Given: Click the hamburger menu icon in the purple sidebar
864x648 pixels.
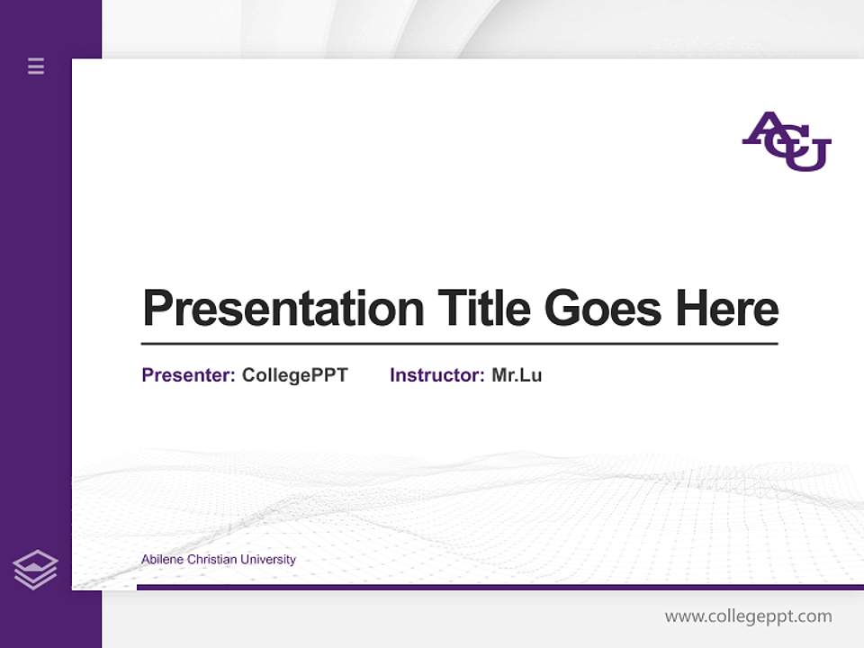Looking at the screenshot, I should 36,66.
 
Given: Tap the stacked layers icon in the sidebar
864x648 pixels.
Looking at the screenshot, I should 35,570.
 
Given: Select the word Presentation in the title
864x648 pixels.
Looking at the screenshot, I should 283,309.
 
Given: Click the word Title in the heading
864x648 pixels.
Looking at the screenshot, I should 483,308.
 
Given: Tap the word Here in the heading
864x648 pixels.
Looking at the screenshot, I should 726,308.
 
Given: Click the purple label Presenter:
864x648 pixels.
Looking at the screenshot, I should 188,375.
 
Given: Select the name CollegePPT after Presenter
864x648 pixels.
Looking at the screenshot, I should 294,375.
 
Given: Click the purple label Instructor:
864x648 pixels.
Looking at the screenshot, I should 436,375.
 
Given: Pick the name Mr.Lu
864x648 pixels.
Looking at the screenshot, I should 517,375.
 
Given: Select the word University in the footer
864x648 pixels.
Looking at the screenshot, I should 267,560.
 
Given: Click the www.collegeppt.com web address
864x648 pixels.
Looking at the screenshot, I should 748,616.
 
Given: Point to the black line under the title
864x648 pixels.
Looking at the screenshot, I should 459,343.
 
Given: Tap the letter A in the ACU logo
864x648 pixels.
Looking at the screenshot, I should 762,131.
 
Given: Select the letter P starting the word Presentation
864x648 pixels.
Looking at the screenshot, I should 157,309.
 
